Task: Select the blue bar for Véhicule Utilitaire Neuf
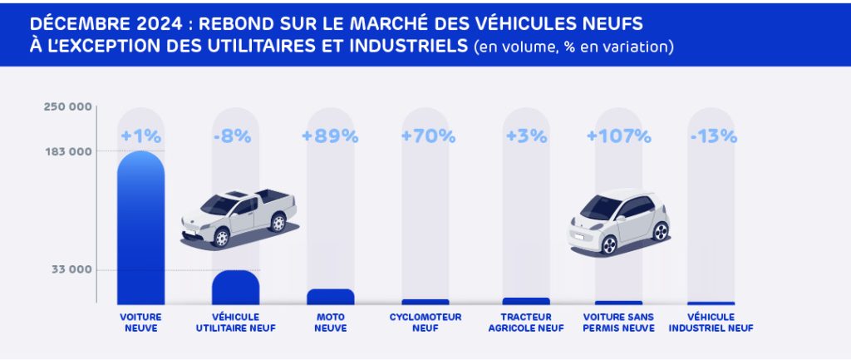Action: [235, 287]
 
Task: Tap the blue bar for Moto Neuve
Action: [331, 296]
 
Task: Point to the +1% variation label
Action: [140, 136]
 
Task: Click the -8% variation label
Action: [235, 136]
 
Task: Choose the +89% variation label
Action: [331, 136]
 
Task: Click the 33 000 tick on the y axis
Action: [71, 270]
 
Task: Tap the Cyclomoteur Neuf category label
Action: [425, 323]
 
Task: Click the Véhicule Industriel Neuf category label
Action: [711, 323]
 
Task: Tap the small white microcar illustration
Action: [619, 220]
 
